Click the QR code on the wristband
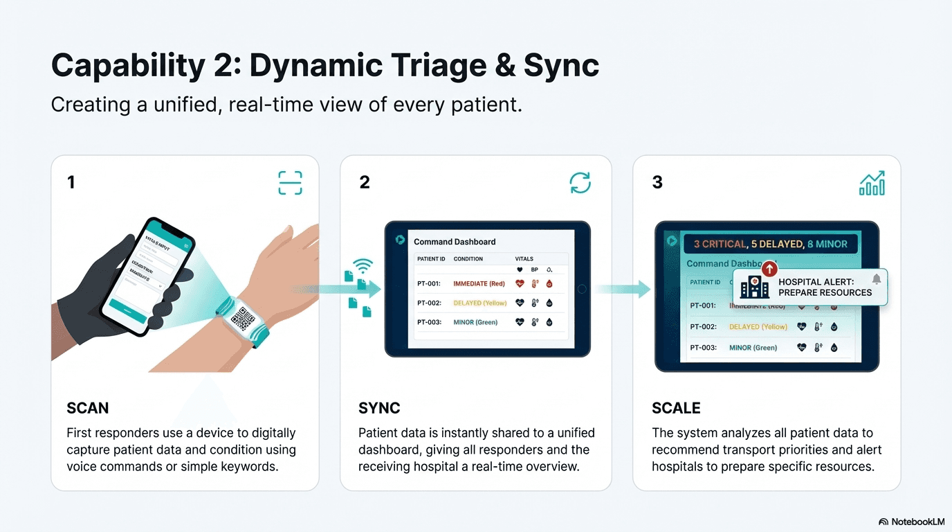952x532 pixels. (242, 319)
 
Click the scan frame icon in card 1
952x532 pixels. (290, 183)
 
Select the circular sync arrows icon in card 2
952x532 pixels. (580, 183)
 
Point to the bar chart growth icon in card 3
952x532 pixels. (872, 183)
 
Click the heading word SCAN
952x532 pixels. (88, 408)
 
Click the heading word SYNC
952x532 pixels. (379, 408)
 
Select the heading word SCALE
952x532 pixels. (676, 408)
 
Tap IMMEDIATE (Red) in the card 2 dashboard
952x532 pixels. (479, 283)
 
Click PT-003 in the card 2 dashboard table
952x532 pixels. (429, 322)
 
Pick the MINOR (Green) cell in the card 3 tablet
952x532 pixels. (753, 348)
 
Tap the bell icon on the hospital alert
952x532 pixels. (876, 279)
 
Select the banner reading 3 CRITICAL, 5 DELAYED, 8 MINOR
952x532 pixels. (770, 244)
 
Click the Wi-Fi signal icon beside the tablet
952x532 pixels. (363, 265)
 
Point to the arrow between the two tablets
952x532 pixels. (622, 289)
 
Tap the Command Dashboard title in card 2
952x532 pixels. (455, 242)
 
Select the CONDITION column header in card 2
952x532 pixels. (468, 259)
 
